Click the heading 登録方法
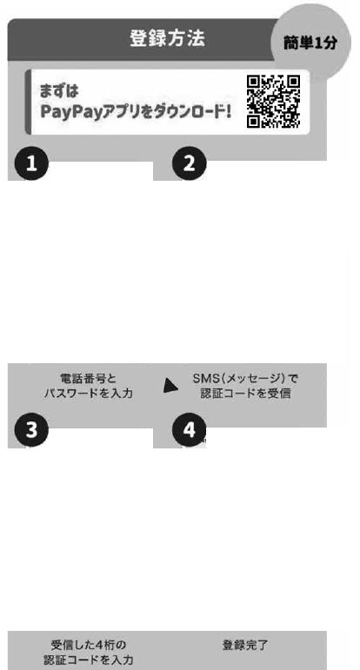167,38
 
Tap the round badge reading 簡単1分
310,43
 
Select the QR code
273,102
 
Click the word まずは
59,91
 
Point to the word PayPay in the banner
71,112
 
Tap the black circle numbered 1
31,164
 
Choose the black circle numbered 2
190,164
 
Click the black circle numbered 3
31,430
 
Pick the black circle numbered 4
190,430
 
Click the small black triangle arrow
170,386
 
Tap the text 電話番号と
89,379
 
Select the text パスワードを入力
89,394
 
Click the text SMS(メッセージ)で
245,379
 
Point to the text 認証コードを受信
245,394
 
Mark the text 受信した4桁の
89,644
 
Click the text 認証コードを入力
89,660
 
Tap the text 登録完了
245,645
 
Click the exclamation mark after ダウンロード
228,111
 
